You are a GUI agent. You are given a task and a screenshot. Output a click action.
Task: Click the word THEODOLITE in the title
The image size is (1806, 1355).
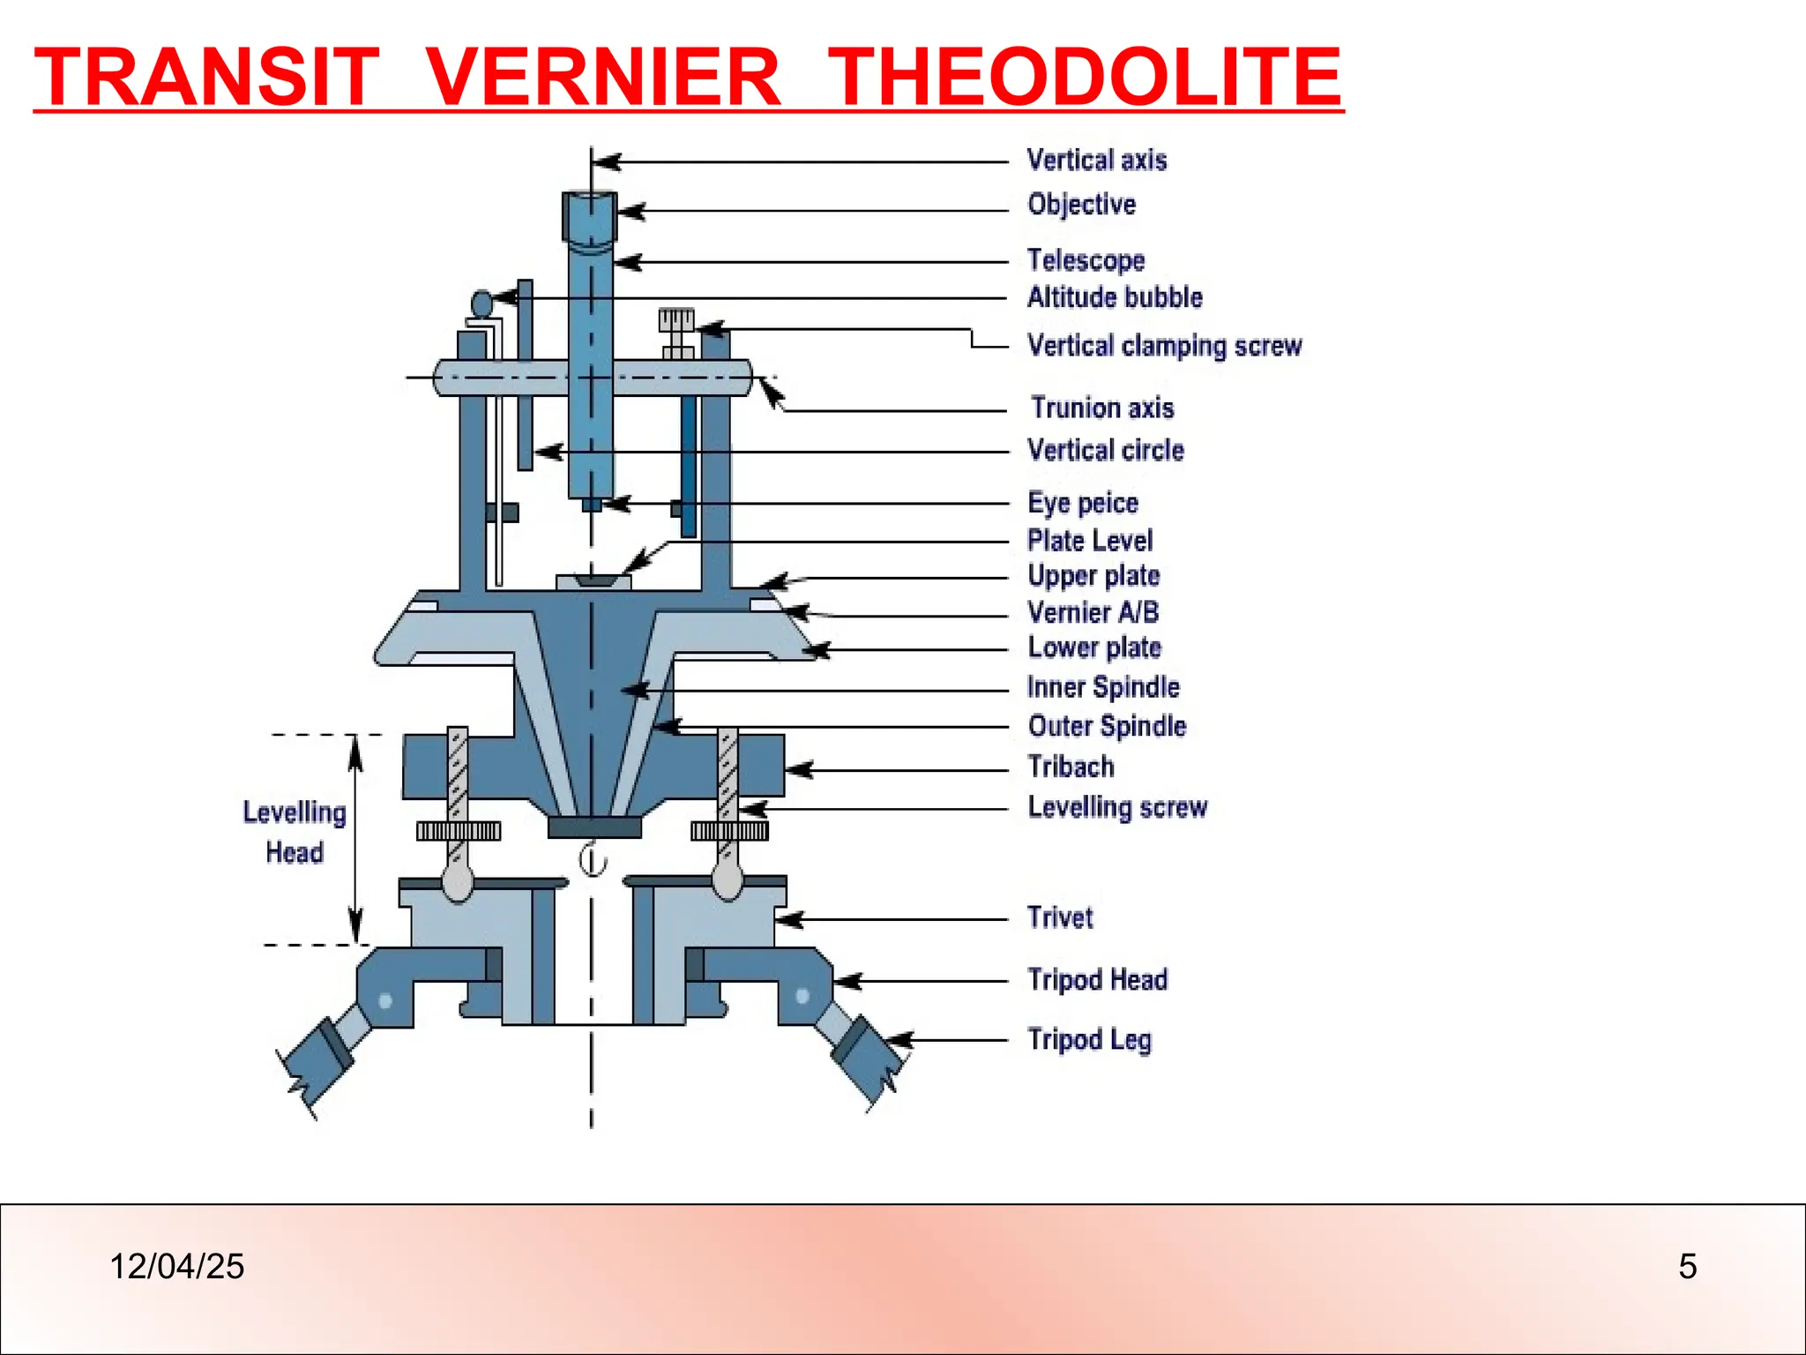1086,77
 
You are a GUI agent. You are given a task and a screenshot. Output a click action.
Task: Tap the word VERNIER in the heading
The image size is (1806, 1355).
604,77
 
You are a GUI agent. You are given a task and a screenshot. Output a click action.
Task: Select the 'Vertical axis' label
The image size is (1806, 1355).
1097,160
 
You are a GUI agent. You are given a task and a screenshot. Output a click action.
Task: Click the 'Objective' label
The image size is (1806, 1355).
1082,204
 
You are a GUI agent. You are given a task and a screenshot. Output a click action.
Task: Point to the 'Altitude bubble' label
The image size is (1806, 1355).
1115,297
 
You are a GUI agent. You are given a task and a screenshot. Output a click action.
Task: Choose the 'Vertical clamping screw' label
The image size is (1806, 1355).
1164,345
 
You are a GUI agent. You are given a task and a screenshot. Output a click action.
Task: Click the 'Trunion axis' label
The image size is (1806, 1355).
1102,408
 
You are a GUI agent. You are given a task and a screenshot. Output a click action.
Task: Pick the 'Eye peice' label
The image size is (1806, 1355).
1083,503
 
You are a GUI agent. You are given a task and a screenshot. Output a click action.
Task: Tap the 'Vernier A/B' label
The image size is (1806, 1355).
1093,611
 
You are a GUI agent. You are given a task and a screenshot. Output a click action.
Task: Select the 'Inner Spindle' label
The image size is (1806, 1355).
1103,687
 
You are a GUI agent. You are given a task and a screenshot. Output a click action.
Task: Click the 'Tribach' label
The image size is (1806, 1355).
1071,767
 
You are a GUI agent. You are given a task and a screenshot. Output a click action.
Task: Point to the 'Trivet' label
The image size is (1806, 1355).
1060,917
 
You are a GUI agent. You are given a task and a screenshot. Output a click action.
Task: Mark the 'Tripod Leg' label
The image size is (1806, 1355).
1089,1039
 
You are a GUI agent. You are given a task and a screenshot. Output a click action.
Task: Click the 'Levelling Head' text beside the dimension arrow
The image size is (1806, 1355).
295,832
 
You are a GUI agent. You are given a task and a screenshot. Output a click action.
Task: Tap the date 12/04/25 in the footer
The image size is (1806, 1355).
176,1267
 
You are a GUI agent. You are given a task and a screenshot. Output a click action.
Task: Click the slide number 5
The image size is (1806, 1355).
1687,1267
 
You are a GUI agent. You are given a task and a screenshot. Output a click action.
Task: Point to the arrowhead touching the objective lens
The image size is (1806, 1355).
629,212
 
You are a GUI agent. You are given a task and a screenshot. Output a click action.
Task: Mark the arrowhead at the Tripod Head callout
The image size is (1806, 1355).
847,981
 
